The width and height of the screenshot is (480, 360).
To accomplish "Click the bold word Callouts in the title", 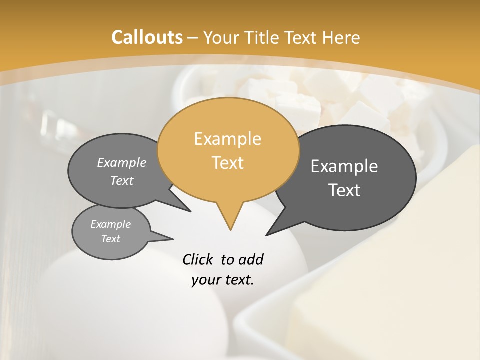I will pyautogui.click(x=147, y=37).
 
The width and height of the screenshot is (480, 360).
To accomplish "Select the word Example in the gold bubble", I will pyautogui.click(x=227, y=139).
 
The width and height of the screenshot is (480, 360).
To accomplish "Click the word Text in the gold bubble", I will pyautogui.click(x=227, y=163).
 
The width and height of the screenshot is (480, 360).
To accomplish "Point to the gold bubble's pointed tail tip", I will pyautogui.click(x=230, y=230).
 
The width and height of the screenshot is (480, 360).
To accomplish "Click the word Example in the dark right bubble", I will pyautogui.click(x=344, y=166).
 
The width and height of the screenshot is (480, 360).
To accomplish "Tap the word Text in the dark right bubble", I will pyautogui.click(x=344, y=190).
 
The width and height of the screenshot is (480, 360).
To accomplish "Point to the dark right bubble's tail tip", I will pyautogui.click(x=266, y=235).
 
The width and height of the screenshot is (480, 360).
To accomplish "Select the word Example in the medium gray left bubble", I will pyautogui.click(x=122, y=162).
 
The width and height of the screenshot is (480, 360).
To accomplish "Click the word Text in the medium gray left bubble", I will pyautogui.click(x=122, y=180).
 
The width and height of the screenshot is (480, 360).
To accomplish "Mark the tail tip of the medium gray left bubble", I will pyautogui.click(x=190, y=211).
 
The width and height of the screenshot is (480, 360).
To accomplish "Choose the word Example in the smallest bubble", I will pyautogui.click(x=110, y=224).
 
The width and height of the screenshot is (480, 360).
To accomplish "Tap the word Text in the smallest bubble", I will pyautogui.click(x=110, y=239).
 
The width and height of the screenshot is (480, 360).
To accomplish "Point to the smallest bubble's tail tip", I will pyautogui.click(x=173, y=239).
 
